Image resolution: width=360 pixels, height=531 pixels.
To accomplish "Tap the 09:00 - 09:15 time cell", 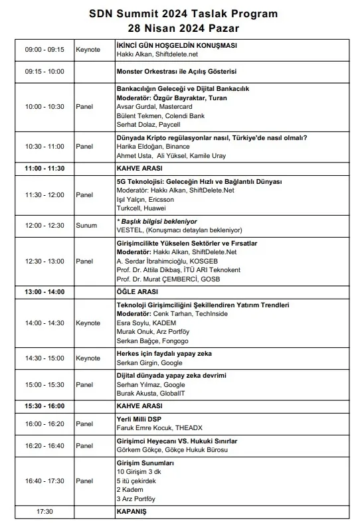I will click(45, 50).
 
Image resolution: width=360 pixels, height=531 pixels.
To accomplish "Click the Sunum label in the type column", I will click(85, 226).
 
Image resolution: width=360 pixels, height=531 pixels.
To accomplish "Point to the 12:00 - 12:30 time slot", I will click(45, 226).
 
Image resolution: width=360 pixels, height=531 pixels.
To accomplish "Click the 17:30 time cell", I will click(45, 512).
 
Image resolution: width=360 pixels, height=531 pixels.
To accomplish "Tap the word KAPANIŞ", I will click(131, 512).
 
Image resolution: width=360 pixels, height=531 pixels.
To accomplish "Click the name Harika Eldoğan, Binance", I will click(149, 146).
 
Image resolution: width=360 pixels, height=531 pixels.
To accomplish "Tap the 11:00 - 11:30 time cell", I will click(45, 168).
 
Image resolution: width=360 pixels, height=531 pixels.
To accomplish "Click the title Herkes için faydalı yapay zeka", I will click(164, 354).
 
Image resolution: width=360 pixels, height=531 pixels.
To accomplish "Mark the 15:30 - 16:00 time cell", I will click(45, 406).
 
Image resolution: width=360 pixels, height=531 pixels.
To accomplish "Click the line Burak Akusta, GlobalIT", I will click(152, 393).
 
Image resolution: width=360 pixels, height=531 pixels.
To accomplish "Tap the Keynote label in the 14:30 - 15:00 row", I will click(88, 358).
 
